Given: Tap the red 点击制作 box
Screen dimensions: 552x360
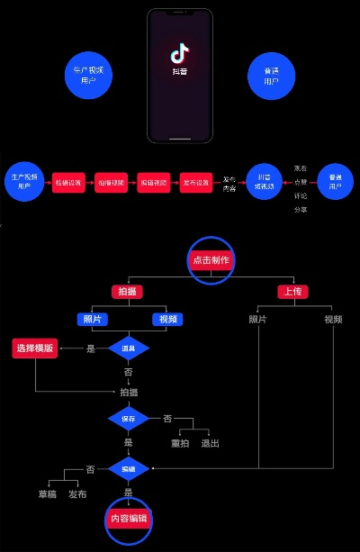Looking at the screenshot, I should click(211, 260).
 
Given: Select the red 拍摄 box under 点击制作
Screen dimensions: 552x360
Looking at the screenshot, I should click(128, 292).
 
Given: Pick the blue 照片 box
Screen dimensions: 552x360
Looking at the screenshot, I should click(93, 319).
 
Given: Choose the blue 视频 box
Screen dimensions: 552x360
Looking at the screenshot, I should click(167, 319).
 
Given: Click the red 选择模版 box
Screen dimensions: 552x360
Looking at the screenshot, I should click(34, 348).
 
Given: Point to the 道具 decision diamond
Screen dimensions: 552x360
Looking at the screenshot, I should click(129, 348).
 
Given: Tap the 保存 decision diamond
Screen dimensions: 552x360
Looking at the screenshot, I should click(129, 418).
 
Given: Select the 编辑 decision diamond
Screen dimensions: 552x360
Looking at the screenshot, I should click(129, 468).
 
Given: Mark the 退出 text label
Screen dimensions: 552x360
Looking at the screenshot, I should click(211, 443).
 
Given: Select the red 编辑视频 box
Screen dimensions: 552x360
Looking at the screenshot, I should click(153, 182).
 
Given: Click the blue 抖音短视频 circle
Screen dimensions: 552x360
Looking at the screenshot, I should click(265, 182).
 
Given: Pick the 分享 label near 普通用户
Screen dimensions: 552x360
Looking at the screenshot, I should click(300, 210).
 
